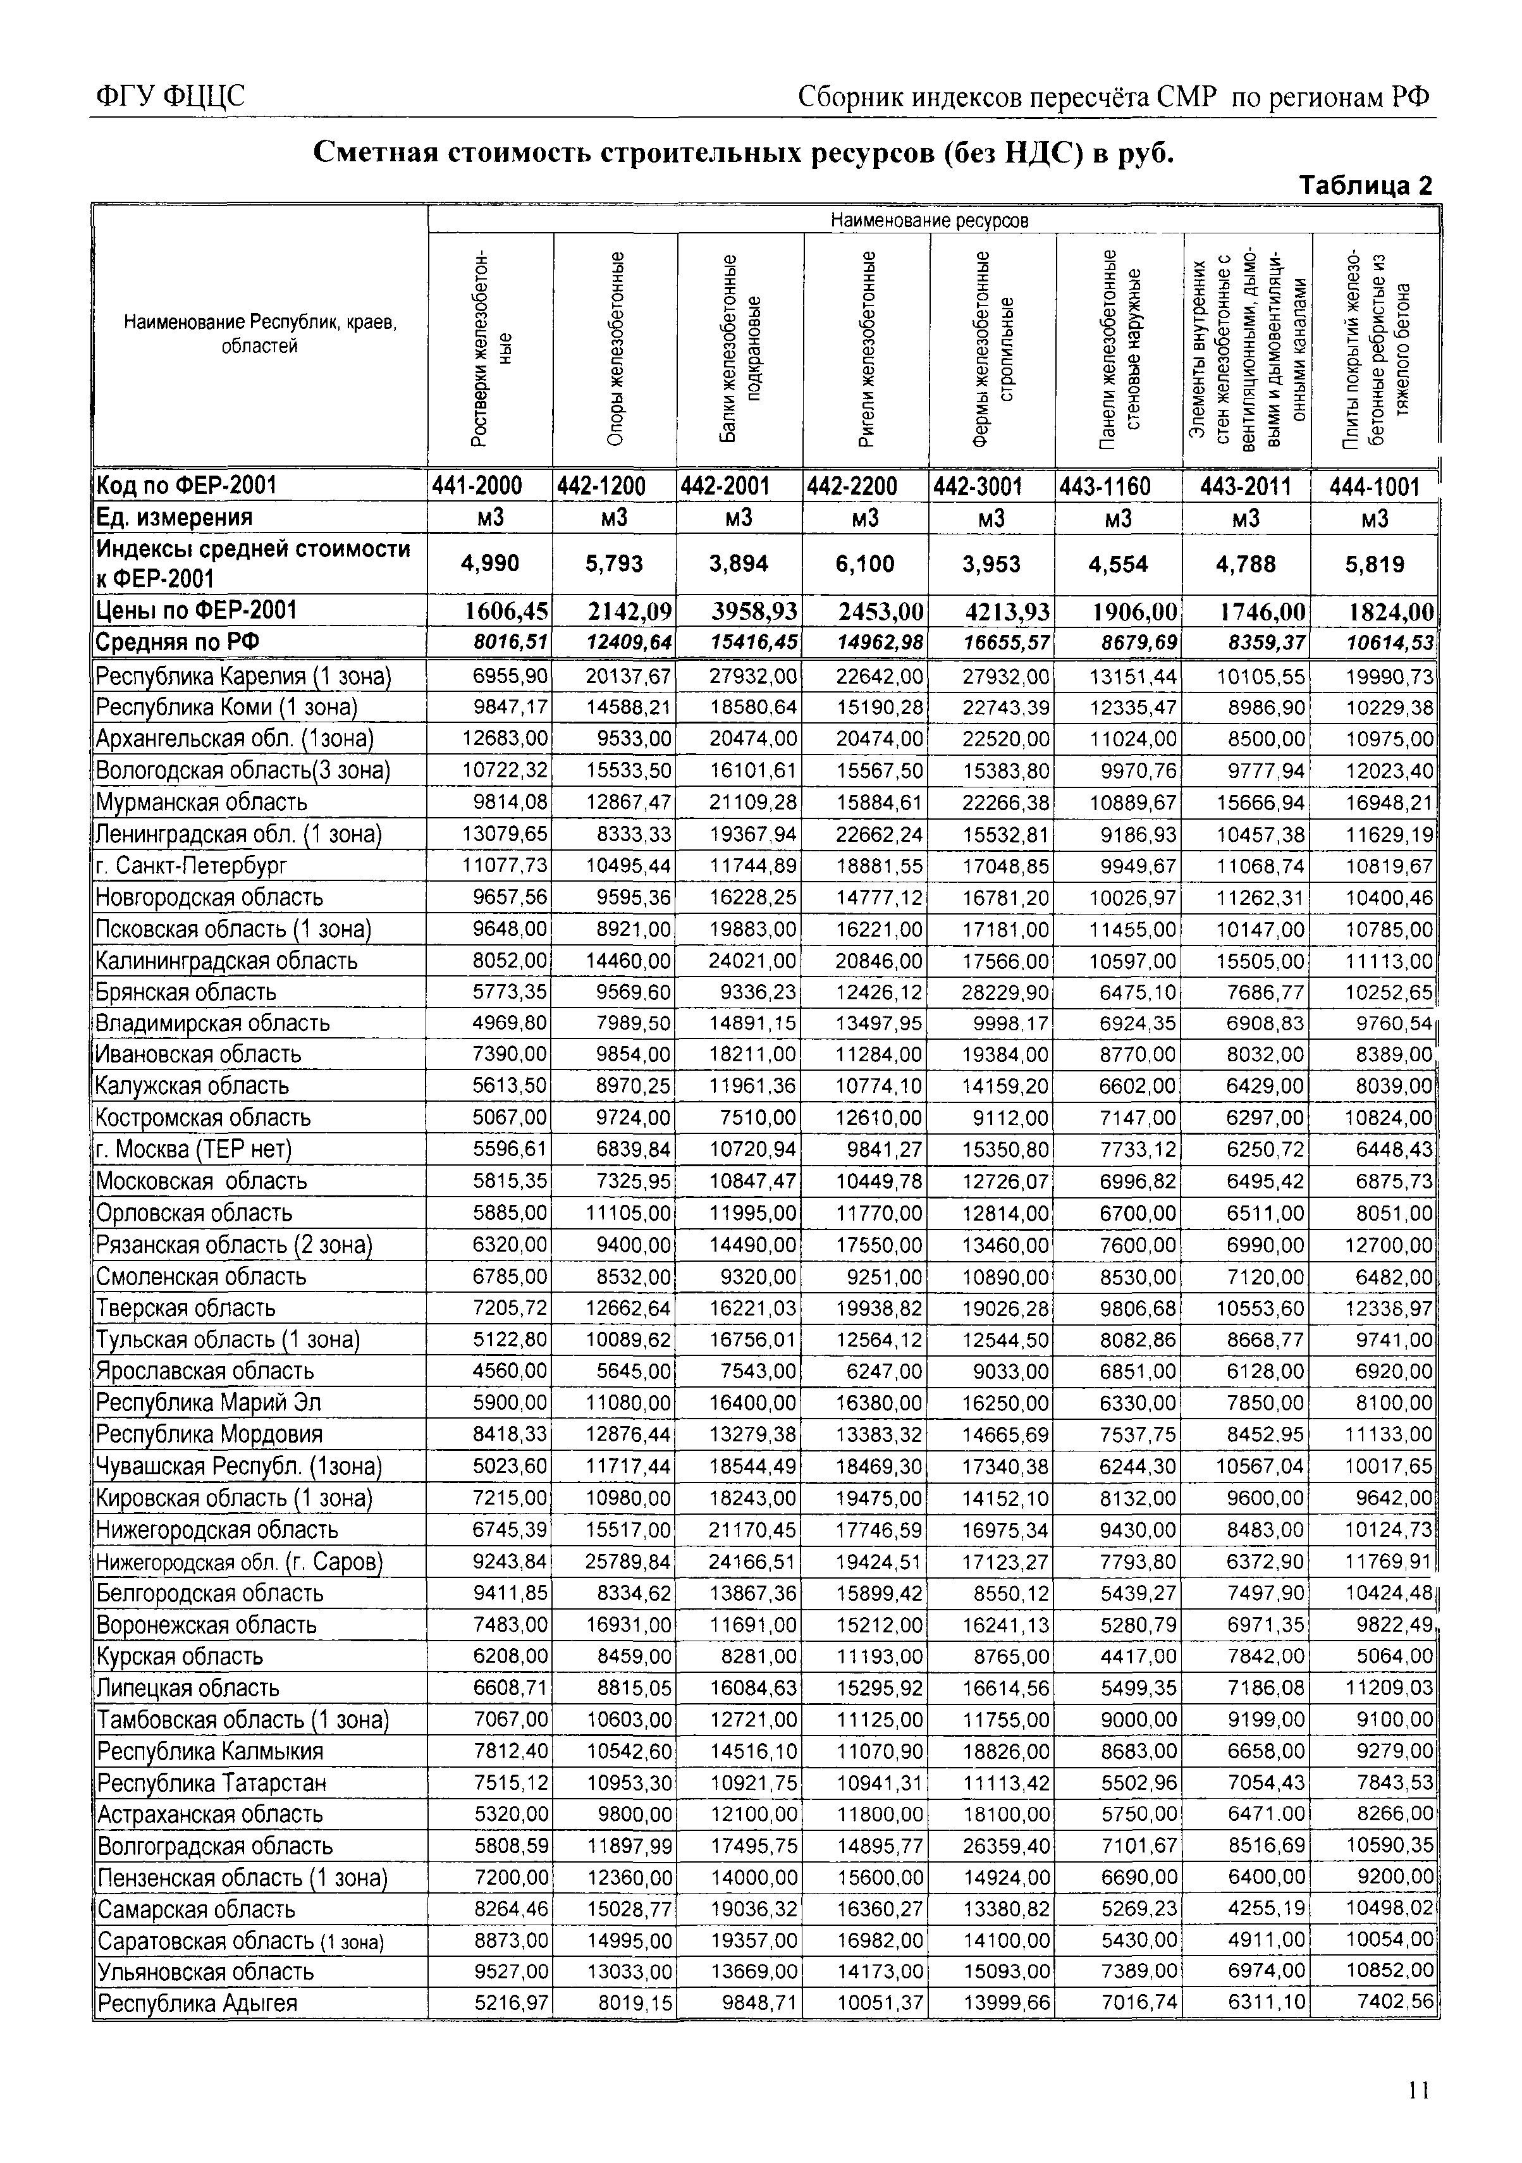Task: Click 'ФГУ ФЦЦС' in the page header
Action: point(169,97)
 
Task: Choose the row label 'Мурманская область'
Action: point(202,803)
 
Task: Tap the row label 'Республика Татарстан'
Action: point(212,1784)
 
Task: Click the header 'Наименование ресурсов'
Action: point(929,221)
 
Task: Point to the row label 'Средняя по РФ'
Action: point(178,643)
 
